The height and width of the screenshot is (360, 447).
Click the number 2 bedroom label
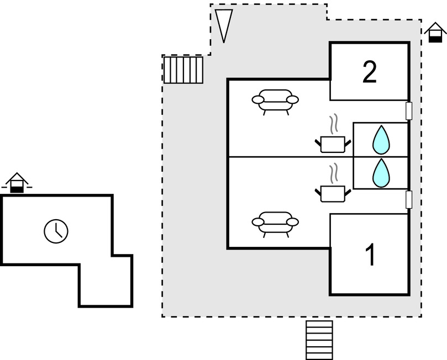370,72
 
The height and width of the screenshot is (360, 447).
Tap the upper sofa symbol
275,100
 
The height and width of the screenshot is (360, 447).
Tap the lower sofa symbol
275,223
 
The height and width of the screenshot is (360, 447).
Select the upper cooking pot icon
332,144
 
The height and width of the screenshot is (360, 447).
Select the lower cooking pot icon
332,193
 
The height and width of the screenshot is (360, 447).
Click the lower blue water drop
381,173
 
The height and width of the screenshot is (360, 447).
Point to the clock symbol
56,231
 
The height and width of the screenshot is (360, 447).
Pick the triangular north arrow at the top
223,24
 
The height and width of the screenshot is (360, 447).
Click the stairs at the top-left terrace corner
183,70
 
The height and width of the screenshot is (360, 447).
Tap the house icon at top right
435,33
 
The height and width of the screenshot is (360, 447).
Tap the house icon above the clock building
17,183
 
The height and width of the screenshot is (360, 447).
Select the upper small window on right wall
409,111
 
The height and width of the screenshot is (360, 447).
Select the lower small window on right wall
409,199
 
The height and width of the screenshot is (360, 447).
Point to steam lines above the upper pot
333,124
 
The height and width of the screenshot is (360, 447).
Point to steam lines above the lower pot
333,173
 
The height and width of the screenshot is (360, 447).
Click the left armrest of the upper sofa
258,99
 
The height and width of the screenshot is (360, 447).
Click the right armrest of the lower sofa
292,222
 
